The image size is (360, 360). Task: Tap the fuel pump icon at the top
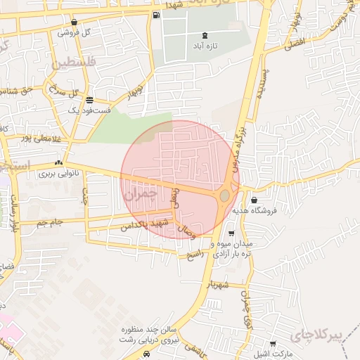point(155,15)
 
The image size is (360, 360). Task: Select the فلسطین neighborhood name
point(71,65)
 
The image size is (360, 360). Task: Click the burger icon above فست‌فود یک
point(89,100)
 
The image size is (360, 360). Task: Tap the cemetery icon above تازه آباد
point(205,35)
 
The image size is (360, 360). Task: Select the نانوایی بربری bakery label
point(56,172)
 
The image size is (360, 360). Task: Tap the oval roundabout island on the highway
point(224,195)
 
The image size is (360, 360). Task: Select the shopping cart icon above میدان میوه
point(232,233)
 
